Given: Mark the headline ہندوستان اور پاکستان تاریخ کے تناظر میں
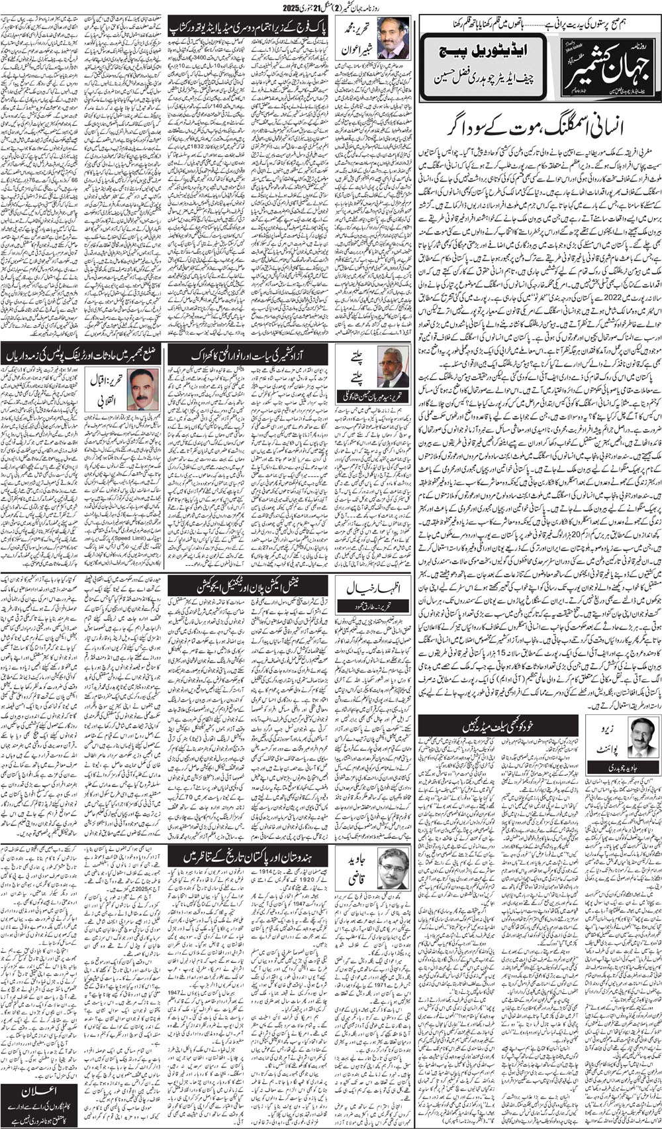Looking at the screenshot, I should [249, 856].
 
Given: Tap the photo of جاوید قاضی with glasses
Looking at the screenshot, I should [394, 868].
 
